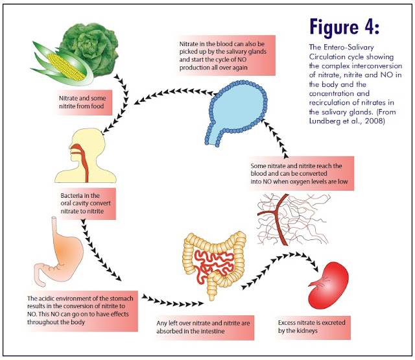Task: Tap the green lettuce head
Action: (x=90, y=49)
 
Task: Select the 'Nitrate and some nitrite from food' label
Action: (x=83, y=102)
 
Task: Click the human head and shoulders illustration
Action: (x=86, y=156)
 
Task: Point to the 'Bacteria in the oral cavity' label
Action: (x=86, y=203)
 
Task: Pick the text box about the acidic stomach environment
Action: (x=80, y=310)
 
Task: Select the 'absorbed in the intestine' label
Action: (x=203, y=327)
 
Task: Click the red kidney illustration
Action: (x=329, y=285)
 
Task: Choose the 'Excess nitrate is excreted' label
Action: (x=312, y=327)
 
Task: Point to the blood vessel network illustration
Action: (x=292, y=219)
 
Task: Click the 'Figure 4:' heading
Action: (x=344, y=27)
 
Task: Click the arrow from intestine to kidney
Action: (x=281, y=267)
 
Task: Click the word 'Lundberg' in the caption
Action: (x=322, y=121)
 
